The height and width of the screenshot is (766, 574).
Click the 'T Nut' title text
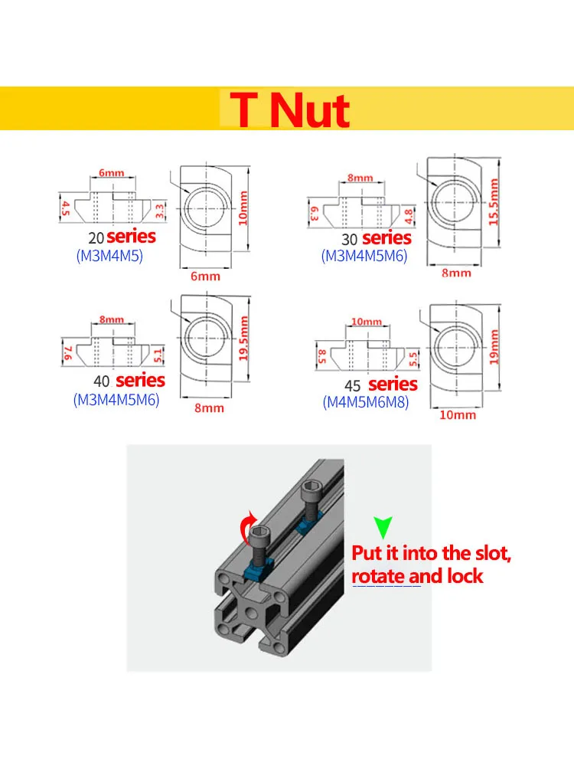coord(290,110)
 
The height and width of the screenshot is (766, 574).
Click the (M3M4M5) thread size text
coord(109,257)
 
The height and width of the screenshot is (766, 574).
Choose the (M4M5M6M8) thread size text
coord(364,402)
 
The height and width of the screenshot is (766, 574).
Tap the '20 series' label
coord(122,237)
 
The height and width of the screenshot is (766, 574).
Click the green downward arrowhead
coord(382,528)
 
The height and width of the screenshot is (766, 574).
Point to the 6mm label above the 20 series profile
coord(111,173)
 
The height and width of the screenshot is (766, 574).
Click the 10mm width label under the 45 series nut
coord(458,414)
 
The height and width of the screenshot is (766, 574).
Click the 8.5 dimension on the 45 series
coord(322,355)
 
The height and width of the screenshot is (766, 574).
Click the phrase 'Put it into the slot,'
coord(430,553)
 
